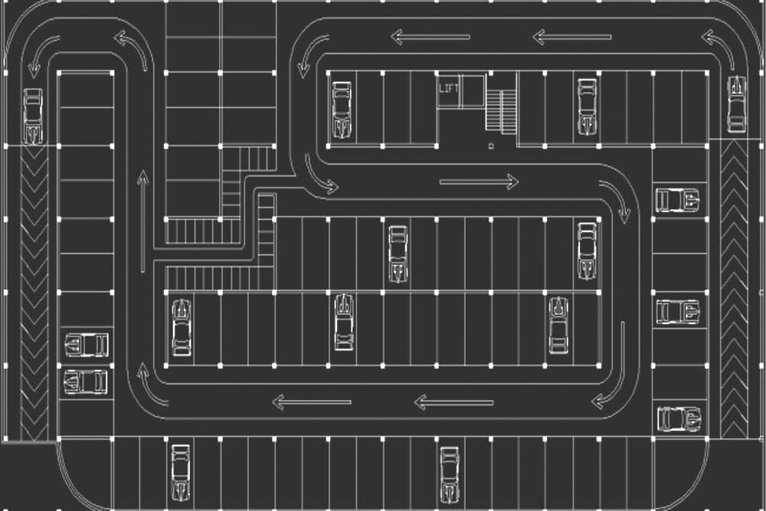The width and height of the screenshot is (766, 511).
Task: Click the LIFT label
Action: pyautogui.click(x=448, y=88)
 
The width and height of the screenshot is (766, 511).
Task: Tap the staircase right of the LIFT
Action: pyautogui.click(x=501, y=111)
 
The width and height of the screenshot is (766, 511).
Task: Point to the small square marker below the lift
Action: pyautogui.click(x=491, y=146)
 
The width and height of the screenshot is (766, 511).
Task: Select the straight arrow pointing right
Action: pyautogui.click(x=479, y=182)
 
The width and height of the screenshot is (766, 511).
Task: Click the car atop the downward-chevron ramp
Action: pyautogui.click(x=33, y=116)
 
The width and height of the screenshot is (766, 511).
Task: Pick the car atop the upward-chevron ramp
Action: pyautogui.click(x=737, y=104)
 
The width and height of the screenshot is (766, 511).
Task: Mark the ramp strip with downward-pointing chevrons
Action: pyautogui.click(x=34, y=293)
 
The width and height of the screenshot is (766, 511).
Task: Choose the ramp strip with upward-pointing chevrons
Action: pyautogui.click(x=734, y=289)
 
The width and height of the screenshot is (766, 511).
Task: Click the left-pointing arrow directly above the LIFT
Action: pyautogui.click(x=430, y=37)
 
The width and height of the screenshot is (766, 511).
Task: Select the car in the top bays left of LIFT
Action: pyautogui.click(x=342, y=110)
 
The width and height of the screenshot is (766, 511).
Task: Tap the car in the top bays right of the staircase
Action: pyautogui.click(x=588, y=106)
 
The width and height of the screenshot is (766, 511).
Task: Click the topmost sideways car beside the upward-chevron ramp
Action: pyautogui.click(x=678, y=200)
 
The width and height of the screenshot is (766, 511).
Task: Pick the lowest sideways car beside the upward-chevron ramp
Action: pyautogui.click(x=679, y=418)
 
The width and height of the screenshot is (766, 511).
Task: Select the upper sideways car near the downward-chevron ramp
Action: pyautogui.click(x=87, y=345)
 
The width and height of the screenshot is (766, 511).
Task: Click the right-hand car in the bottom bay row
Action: pyautogui.click(x=450, y=474)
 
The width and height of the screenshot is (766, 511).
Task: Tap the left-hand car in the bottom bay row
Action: pyautogui.click(x=181, y=473)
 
